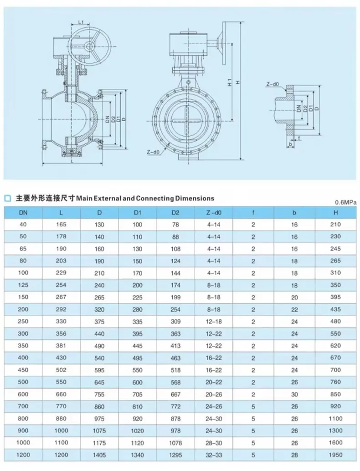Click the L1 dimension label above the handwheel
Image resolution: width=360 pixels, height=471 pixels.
click(80, 21)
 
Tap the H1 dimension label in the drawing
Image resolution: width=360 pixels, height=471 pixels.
click(230, 82)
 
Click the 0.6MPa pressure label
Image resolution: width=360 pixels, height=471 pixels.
click(345, 202)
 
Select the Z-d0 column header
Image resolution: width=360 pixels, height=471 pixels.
click(214, 213)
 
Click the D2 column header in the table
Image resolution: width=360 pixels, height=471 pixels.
click(175, 213)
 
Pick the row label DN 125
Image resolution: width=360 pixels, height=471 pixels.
click(23, 285)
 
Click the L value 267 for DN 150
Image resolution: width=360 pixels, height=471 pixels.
click(61, 297)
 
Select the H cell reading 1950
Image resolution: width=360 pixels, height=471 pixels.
click(335, 455)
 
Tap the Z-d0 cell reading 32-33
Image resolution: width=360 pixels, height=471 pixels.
click(214, 455)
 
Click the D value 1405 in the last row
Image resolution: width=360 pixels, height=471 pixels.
click(99, 455)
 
